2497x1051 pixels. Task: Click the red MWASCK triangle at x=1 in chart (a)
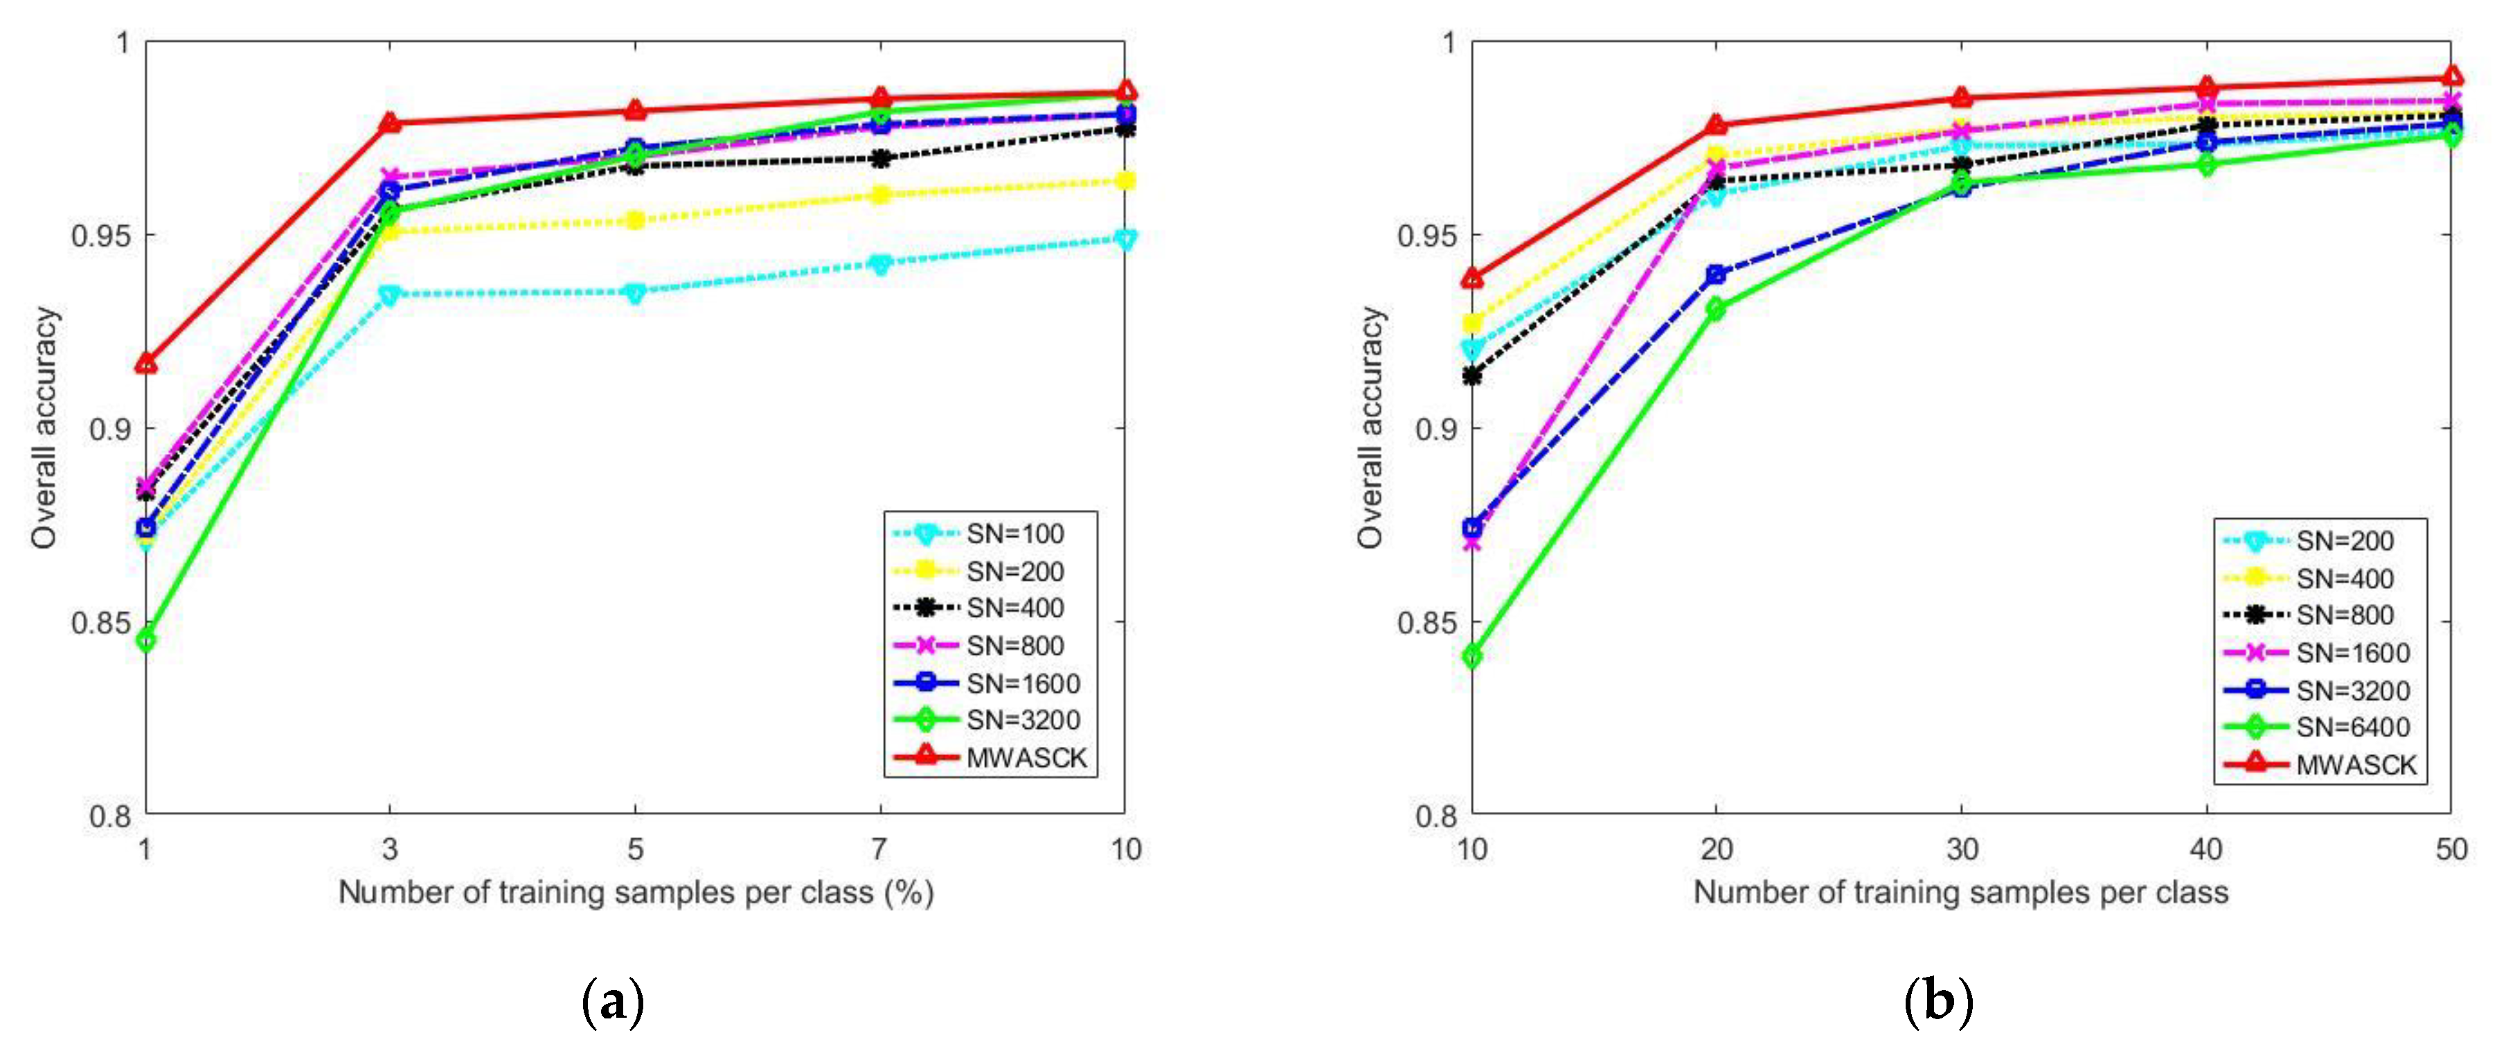tap(145, 364)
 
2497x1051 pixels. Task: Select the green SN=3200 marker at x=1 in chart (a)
tap(145, 640)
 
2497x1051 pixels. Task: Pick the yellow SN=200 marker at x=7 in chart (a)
tap(880, 195)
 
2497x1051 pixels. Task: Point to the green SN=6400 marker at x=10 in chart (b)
tap(1472, 656)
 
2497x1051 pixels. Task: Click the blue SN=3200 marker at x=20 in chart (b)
tap(1717, 274)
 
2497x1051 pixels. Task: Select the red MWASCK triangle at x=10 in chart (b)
tap(1472, 279)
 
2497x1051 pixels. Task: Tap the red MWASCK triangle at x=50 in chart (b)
tap(2451, 77)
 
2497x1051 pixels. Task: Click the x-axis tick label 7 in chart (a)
tap(879, 849)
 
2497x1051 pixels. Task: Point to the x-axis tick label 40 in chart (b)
tap(2206, 849)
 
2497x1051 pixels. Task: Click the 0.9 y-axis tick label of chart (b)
tap(1435, 429)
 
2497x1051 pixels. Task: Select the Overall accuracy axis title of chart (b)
tap(1370, 427)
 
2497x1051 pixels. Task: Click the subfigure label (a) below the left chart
tap(613, 1002)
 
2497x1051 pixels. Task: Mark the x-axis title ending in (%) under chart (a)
tap(635, 892)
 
